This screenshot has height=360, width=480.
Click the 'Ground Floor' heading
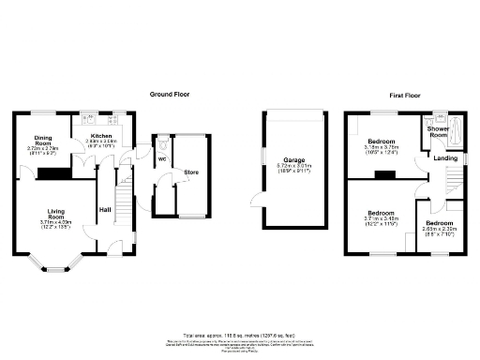(x=170, y=95)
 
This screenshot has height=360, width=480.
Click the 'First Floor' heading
(x=406, y=95)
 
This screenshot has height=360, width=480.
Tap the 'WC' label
(x=160, y=158)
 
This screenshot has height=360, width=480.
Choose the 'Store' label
(x=191, y=172)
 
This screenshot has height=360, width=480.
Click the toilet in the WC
(x=160, y=144)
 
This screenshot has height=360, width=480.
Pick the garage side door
(x=253, y=200)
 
